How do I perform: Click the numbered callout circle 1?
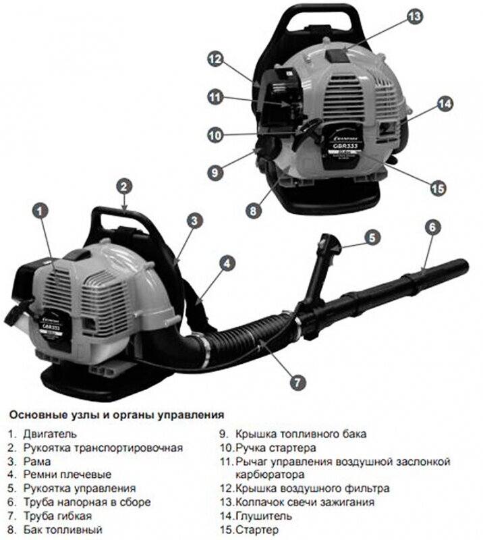(40, 211)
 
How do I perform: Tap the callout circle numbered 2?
(123, 185)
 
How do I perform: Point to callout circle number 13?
(414, 16)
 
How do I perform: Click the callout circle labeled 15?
(438, 188)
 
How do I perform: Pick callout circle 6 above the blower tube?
(433, 227)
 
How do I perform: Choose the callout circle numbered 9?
(215, 172)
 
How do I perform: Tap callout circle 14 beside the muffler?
(444, 104)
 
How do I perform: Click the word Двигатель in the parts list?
(50, 433)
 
